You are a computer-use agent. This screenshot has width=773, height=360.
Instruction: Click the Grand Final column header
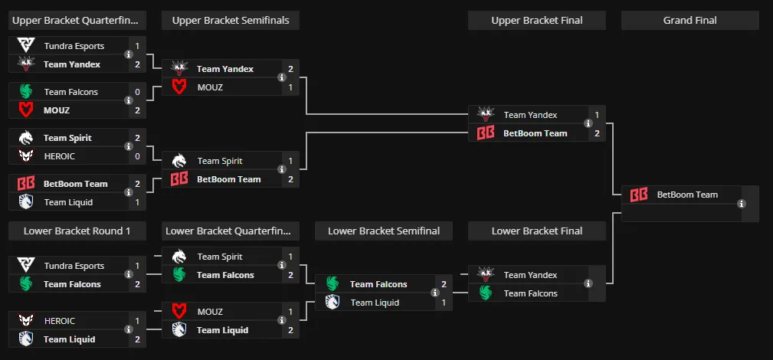click(x=689, y=20)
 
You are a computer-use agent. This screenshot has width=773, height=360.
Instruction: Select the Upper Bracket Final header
click(x=537, y=20)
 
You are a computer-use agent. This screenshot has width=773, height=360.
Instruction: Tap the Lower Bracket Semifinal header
click(x=384, y=231)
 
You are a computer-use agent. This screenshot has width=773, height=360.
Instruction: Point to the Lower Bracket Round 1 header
click(x=77, y=231)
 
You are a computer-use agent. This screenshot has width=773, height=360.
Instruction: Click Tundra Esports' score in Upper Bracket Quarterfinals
click(x=138, y=46)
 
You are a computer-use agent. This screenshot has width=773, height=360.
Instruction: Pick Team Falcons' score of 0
click(x=138, y=92)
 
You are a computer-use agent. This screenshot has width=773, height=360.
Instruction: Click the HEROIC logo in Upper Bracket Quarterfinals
click(x=25, y=155)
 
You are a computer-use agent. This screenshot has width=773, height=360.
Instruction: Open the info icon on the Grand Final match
click(x=742, y=204)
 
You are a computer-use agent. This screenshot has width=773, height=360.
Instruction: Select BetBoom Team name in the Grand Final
click(x=687, y=195)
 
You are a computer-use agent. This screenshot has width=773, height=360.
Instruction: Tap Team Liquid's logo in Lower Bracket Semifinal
click(x=332, y=303)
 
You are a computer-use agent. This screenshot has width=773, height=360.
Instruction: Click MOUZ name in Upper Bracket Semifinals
click(x=210, y=87)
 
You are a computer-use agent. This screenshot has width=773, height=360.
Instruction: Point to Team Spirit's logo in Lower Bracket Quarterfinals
click(x=179, y=257)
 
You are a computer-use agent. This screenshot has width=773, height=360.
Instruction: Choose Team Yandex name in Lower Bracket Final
click(x=530, y=275)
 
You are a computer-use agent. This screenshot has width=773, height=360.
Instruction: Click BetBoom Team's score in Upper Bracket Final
click(x=597, y=133)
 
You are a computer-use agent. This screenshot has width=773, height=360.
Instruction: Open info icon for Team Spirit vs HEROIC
click(x=129, y=146)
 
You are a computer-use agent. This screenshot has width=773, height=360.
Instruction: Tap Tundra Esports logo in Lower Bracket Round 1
click(x=25, y=265)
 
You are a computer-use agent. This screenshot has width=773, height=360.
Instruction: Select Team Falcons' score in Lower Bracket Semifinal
click(x=444, y=284)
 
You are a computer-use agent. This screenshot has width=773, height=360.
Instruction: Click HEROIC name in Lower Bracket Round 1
click(x=60, y=321)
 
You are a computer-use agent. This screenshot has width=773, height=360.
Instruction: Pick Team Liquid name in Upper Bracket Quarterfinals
click(x=68, y=202)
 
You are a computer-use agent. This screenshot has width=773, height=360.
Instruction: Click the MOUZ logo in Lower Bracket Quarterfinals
click(x=179, y=312)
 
